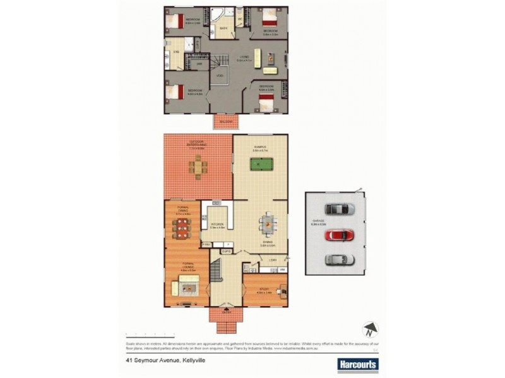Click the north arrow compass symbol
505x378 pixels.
click(x=370, y=329)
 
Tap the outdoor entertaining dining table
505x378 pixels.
click(x=198, y=166)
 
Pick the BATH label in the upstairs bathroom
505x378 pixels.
click(x=223, y=29)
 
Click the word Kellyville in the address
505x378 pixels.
click(x=197, y=361)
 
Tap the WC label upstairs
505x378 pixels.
click(x=241, y=18)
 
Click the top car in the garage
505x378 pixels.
click(x=336, y=209)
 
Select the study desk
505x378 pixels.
click(x=281, y=290)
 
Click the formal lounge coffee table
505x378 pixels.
click(x=187, y=289)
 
